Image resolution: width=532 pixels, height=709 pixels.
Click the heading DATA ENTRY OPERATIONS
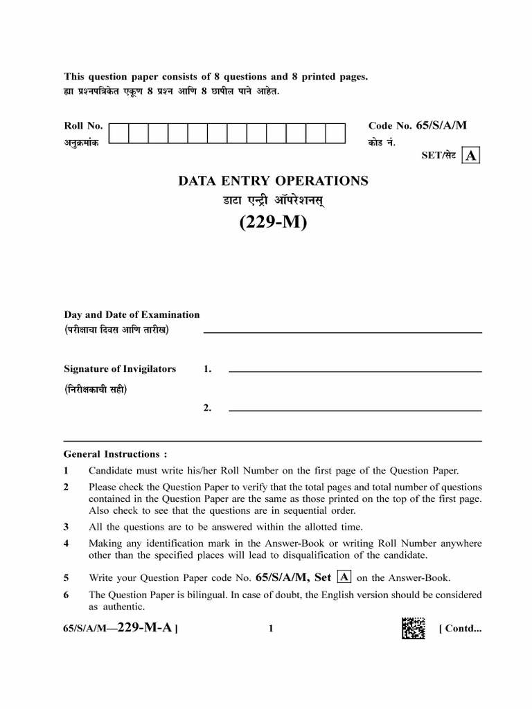tap(273, 181)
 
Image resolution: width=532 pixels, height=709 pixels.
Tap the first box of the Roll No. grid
tap(118, 133)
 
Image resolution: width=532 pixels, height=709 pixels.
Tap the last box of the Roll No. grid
tap(335, 133)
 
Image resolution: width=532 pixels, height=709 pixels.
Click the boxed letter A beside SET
tap(471, 156)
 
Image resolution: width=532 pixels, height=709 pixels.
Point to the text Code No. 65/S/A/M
tap(418, 125)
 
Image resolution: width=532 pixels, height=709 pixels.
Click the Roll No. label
tap(83, 125)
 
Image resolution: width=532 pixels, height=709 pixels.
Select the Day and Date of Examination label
tap(132, 314)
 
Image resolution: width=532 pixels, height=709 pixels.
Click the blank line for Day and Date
tap(342, 332)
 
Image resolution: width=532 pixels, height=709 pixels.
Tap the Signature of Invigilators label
tap(120, 369)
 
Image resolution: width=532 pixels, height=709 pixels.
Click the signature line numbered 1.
tap(355, 371)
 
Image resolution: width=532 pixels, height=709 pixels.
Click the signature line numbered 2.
tap(355, 410)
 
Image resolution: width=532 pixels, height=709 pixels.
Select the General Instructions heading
tap(115, 454)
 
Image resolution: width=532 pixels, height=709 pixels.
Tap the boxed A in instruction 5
tap(343, 577)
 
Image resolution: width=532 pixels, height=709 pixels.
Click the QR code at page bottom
tap(413, 628)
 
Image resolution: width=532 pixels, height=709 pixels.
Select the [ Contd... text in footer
tap(460, 629)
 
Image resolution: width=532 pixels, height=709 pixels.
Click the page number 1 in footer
tap(271, 629)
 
